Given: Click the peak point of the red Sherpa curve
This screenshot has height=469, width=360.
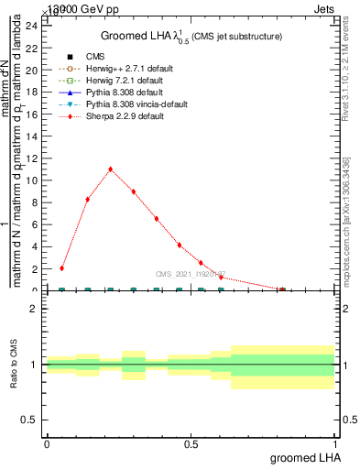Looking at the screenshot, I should click(111, 169).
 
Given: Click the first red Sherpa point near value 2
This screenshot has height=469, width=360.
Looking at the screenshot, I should click(61, 268).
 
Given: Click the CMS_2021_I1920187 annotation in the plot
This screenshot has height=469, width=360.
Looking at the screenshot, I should click(191, 274).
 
